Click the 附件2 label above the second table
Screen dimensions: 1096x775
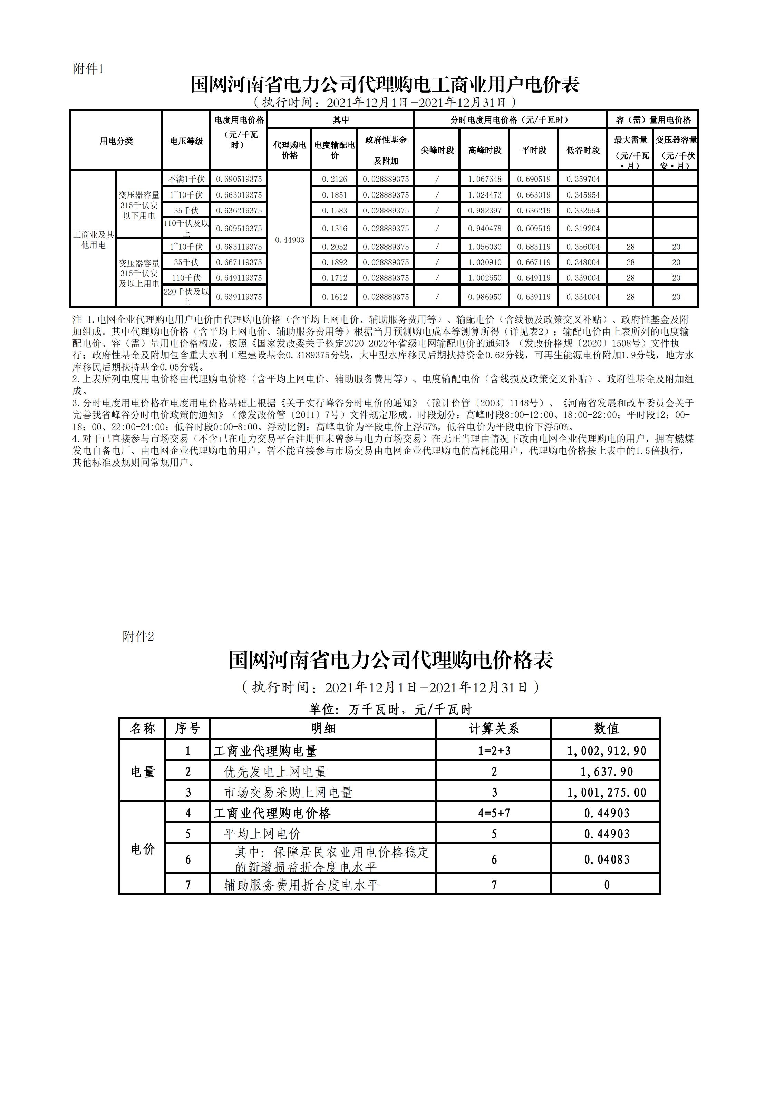point(138,636)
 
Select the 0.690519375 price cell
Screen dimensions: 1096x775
point(239,179)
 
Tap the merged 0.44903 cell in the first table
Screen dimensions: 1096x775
point(289,240)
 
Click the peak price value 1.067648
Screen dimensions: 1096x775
point(484,179)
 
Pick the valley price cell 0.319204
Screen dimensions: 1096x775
point(583,229)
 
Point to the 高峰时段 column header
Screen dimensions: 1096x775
point(484,150)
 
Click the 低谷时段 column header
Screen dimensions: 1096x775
point(583,150)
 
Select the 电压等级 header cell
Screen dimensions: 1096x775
point(186,141)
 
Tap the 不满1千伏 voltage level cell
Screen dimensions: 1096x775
point(186,179)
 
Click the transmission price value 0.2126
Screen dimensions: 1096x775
point(335,179)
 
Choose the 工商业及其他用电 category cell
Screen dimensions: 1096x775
point(93,240)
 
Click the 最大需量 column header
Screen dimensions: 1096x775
point(630,140)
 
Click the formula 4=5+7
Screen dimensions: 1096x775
point(494,813)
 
